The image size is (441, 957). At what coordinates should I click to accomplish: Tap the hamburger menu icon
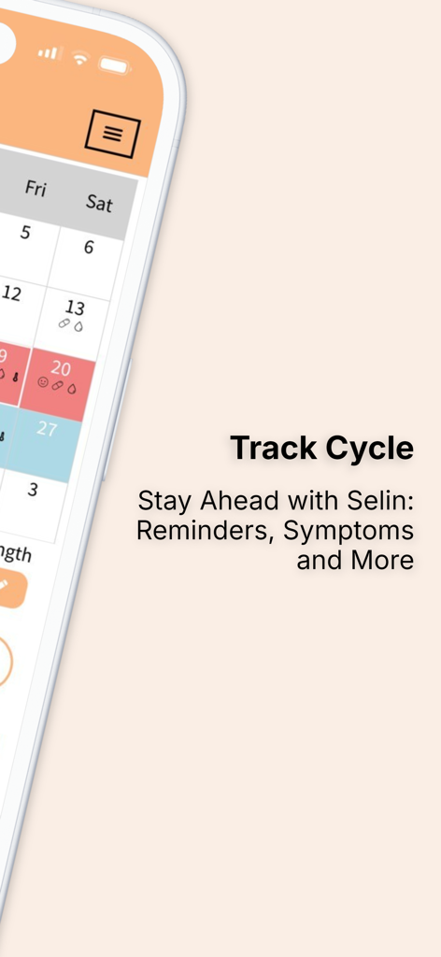(x=112, y=133)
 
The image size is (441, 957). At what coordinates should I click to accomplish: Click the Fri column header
(x=36, y=189)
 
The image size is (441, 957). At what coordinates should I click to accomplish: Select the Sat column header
(x=99, y=202)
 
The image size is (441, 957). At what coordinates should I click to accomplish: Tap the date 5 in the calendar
(x=25, y=233)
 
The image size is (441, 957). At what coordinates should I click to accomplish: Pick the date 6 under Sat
(x=89, y=248)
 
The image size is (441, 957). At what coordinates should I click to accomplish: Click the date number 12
(x=11, y=294)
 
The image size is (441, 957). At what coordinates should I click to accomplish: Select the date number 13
(x=75, y=307)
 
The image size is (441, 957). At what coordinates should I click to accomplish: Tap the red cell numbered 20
(x=61, y=368)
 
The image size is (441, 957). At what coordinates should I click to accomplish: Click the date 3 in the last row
(x=33, y=489)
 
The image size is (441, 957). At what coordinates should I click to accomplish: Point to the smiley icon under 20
(x=43, y=382)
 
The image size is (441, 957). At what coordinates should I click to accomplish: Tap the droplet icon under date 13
(x=78, y=326)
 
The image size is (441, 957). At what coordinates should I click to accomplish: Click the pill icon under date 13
(x=64, y=323)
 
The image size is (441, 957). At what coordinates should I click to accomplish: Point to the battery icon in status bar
(x=114, y=64)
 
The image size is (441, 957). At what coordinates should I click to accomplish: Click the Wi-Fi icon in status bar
(x=80, y=58)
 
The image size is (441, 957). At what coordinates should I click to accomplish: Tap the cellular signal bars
(x=49, y=52)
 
